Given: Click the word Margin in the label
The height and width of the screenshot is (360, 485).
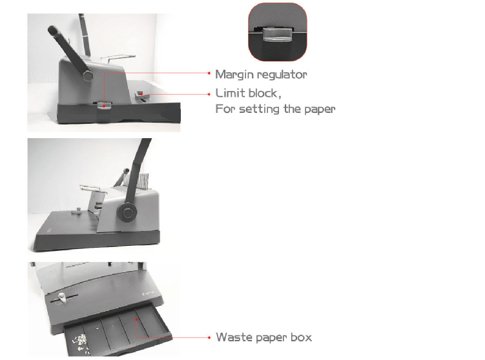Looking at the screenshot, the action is pos(235,75).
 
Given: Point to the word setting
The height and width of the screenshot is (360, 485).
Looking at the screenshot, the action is pos(260,109).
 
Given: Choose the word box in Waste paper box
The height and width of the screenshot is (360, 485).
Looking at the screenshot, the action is pos(302,337).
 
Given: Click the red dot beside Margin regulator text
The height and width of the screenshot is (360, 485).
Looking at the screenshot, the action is pos(209,74).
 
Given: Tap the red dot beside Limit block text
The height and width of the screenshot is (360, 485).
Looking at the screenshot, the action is pos(209,94).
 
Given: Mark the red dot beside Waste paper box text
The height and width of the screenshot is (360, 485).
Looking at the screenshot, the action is pos(209,337).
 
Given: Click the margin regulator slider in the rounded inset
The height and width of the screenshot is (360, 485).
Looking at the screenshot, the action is pos(278,34).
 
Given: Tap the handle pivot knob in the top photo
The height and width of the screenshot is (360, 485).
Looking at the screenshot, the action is pos(88,75).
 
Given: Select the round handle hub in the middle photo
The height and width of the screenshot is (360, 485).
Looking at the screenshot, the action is pos(127,213).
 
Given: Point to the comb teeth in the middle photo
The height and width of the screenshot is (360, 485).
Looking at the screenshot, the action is pos(143,181).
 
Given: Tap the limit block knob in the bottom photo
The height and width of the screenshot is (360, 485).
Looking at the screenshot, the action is pos(62,297).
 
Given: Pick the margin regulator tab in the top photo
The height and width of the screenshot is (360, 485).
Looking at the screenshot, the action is pos(103,106).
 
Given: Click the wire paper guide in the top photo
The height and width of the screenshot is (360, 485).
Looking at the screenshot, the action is pos(118,57).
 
